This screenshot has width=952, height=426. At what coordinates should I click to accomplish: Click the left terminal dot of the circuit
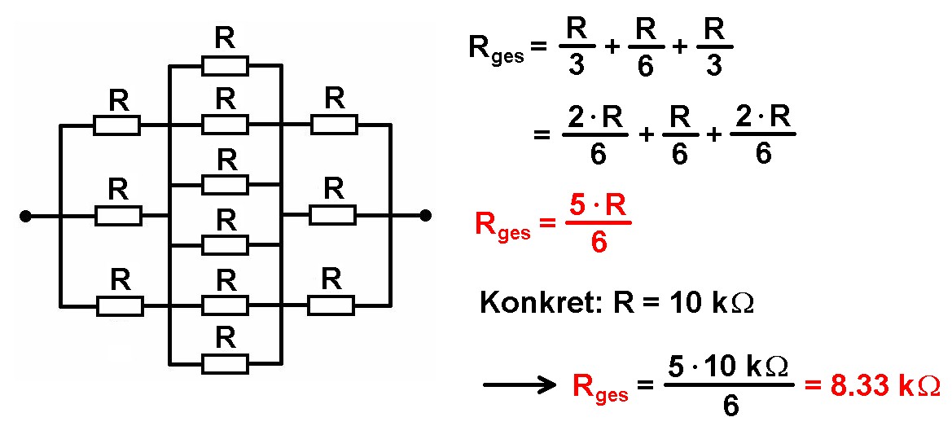tap(25, 216)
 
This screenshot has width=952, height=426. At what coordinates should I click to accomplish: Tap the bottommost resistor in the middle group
tap(225, 363)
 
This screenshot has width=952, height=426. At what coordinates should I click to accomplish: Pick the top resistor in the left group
tap(117, 125)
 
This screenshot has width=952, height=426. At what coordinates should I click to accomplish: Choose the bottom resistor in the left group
tap(120, 306)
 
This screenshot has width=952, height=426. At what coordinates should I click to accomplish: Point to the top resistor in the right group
tap(333, 124)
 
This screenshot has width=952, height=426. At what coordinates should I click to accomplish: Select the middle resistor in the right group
tap(333, 215)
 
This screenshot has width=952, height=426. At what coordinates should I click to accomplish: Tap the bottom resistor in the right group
tap(331, 305)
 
